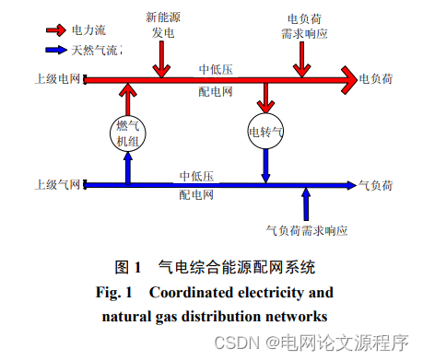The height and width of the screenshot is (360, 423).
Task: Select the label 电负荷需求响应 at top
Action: (x=302, y=26)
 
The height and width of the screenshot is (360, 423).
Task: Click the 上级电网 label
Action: (x=55, y=80)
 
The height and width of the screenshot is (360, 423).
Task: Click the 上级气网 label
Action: (x=55, y=184)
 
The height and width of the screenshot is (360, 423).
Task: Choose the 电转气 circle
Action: (x=266, y=133)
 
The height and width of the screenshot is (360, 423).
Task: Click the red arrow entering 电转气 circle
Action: (x=266, y=99)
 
